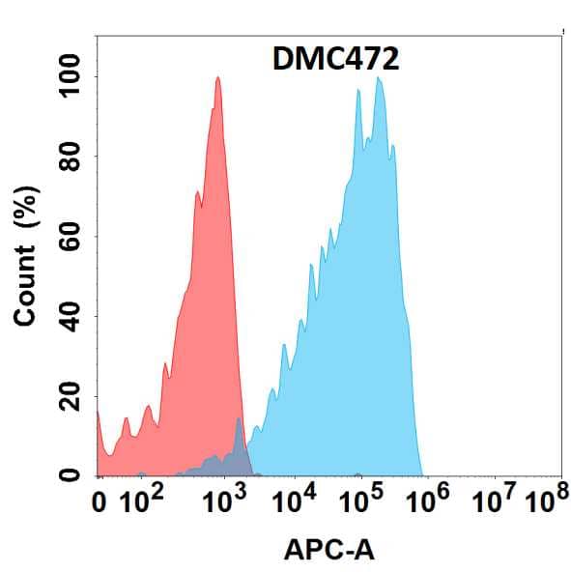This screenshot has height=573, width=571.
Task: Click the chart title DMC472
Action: click(331, 59)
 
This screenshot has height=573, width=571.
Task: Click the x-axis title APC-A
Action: click(329, 550)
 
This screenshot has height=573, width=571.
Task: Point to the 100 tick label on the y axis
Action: click(68, 76)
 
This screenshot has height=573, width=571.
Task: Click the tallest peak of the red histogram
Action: click(218, 79)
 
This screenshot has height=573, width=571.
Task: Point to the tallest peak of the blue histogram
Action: click(379, 79)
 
